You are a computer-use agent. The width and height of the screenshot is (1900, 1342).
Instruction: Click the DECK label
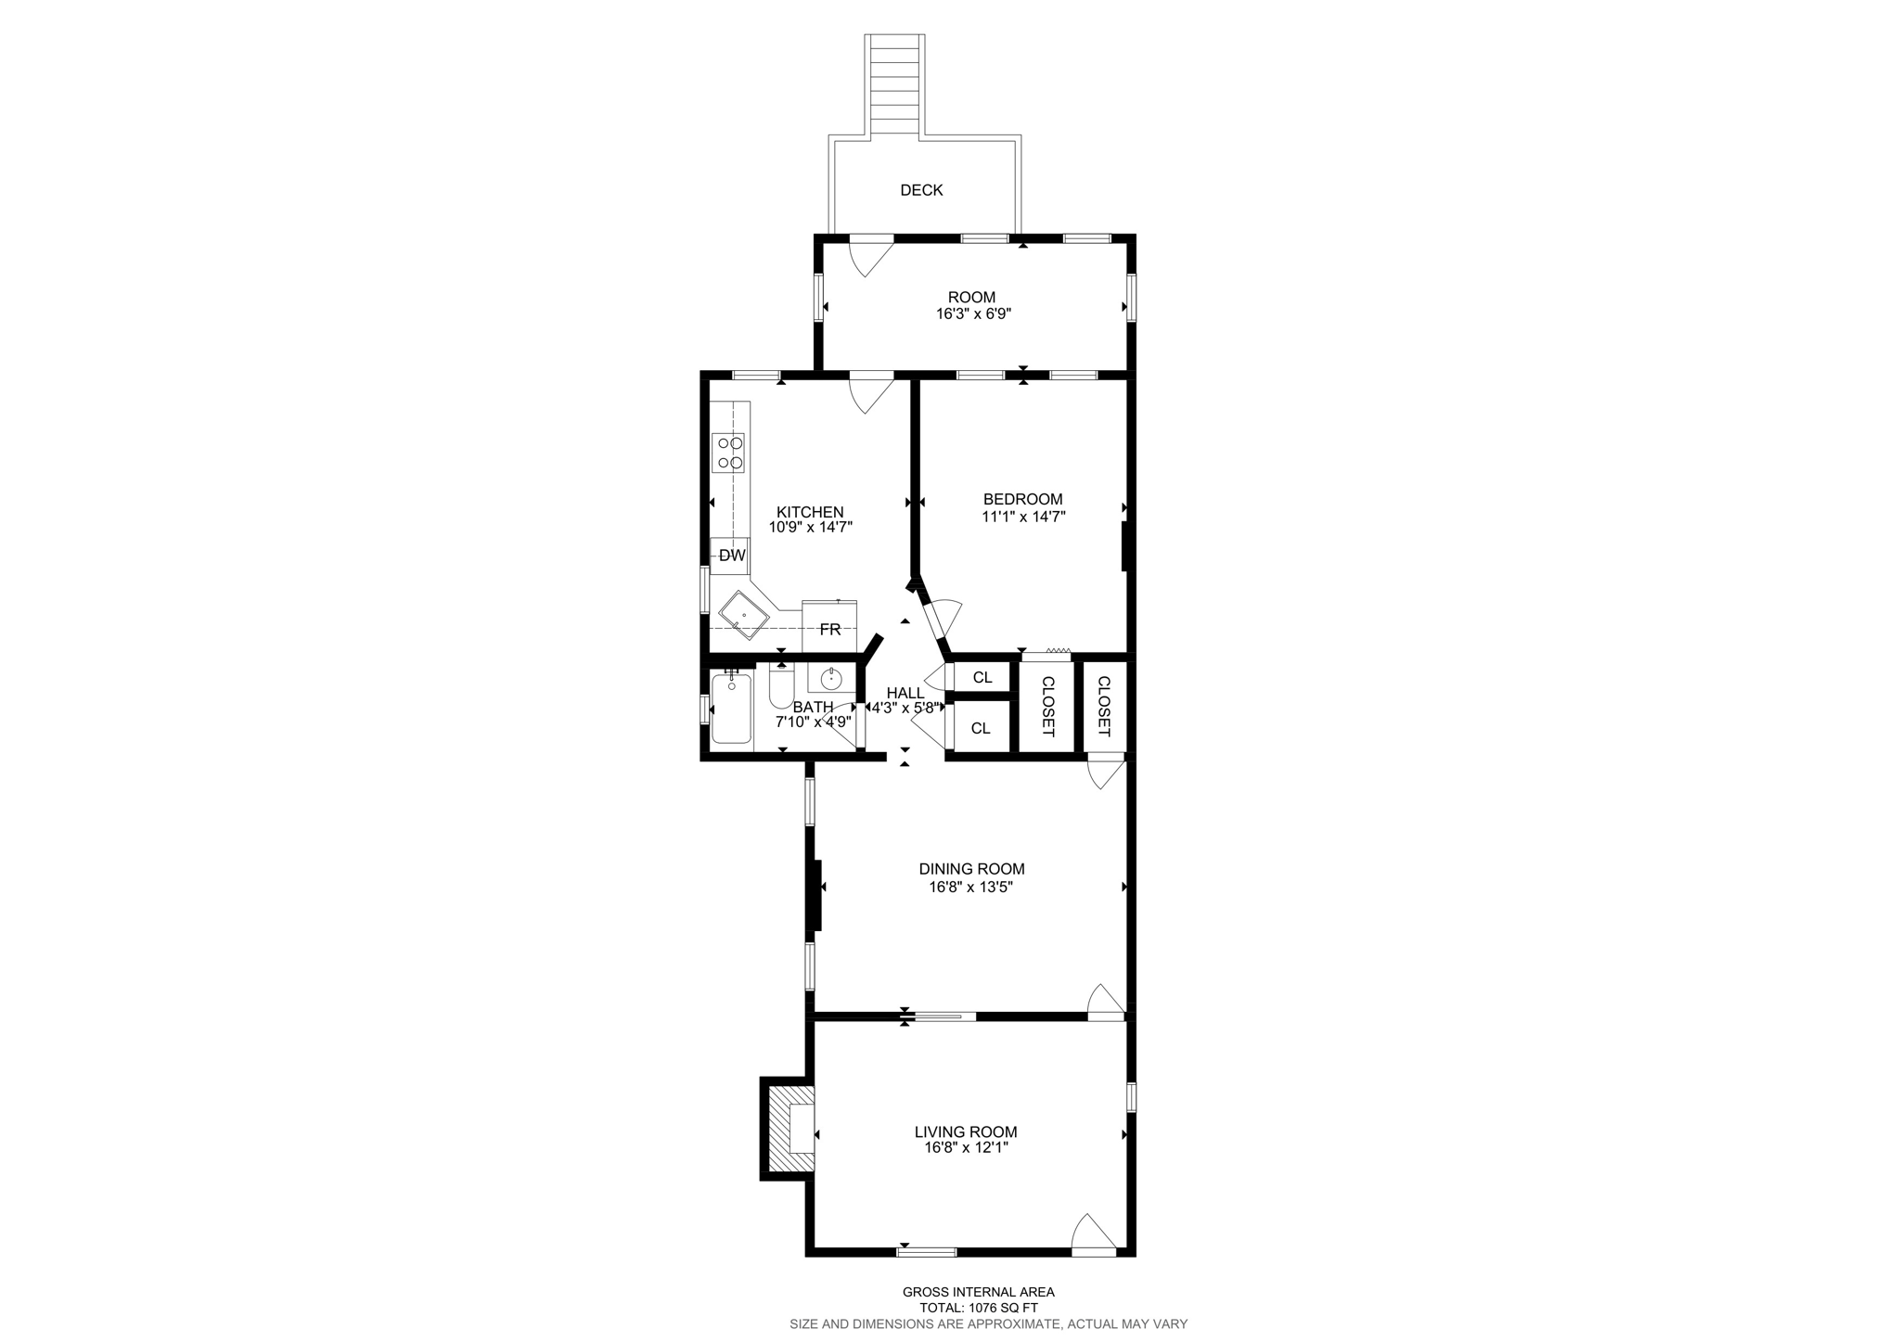click(x=920, y=190)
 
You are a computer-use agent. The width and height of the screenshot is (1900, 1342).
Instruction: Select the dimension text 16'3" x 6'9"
click(x=972, y=314)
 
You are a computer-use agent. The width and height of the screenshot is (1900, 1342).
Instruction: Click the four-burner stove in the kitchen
click(x=728, y=454)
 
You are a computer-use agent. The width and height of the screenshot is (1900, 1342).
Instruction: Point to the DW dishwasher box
click(x=731, y=556)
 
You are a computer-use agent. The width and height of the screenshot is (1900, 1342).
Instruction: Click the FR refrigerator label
click(x=829, y=630)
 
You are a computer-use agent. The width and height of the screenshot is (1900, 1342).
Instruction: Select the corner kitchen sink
click(x=744, y=615)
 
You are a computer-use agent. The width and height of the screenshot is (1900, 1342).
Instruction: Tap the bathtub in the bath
click(x=731, y=709)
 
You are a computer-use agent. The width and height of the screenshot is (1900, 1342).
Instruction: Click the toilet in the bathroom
click(x=781, y=687)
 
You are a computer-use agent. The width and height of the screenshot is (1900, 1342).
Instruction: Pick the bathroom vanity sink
click(x=830, y=677)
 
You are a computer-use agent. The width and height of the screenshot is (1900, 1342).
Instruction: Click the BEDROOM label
click(x=1022, y=499)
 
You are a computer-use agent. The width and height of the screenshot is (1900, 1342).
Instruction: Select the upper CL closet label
click(x=982, y=678)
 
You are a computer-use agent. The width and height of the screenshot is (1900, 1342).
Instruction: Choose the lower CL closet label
click(x=981, y=728)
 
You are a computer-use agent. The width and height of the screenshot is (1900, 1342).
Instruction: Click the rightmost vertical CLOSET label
click(x=1104, y=706)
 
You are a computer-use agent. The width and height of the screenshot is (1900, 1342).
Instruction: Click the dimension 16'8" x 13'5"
click(x=971, y=887)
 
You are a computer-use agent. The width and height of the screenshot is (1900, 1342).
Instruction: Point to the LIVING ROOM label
click(x=966, y=1131)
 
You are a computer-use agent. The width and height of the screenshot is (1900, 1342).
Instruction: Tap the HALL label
click(x=905, y=693)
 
